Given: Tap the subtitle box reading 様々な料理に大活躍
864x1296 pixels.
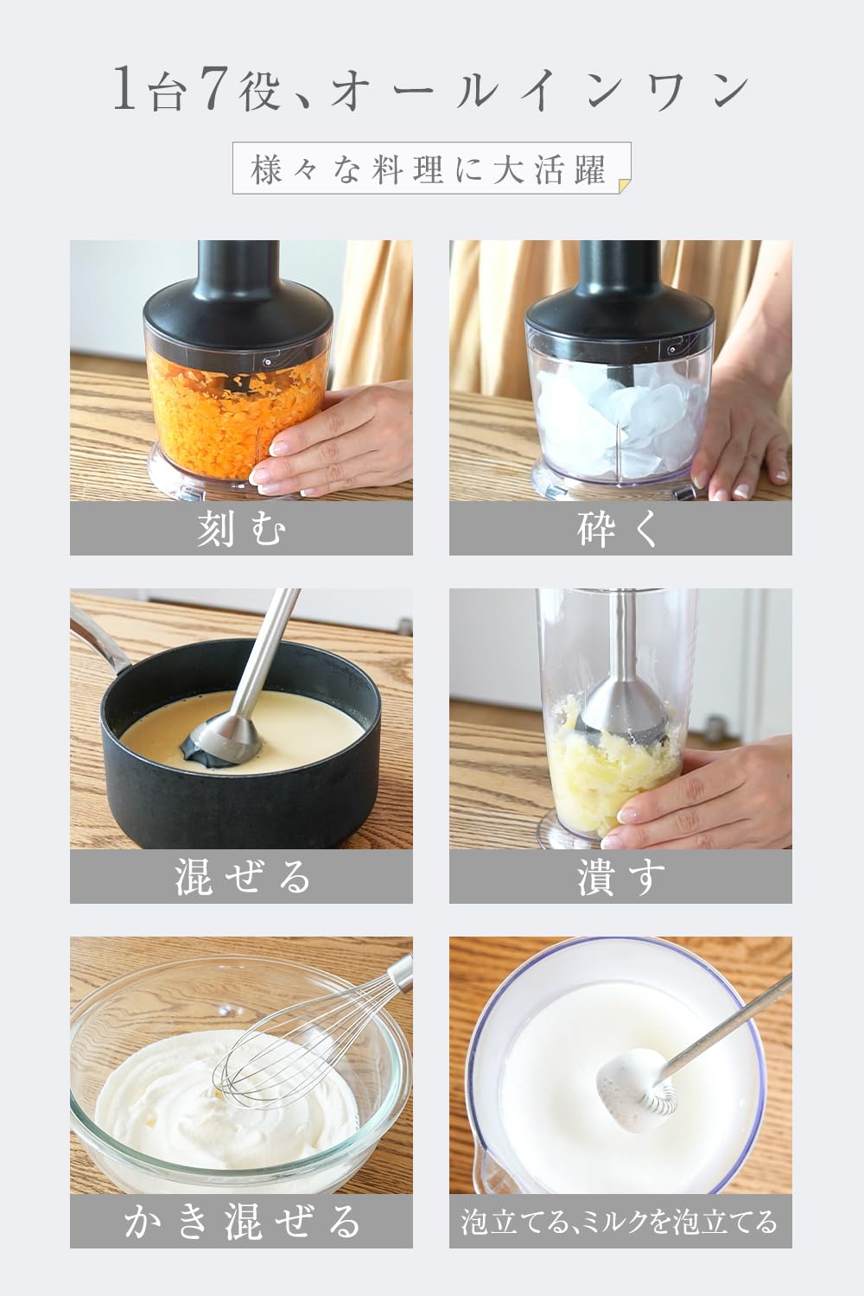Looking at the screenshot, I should point(430,169).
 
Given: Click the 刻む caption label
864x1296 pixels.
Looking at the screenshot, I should point(241,529).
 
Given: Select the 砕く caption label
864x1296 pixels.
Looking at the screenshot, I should point(619,529).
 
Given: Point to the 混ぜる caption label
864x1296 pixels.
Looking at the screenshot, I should point(241,877).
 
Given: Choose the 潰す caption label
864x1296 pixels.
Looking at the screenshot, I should point(619,877).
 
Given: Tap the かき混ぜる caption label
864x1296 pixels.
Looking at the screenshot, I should point(241,1222).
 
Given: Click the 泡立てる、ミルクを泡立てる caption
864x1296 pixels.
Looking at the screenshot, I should point(619,1222).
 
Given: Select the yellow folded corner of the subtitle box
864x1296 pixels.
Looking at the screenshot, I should point(625,182).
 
